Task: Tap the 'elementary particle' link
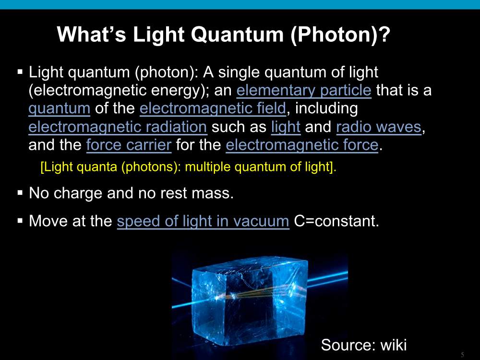(x=304, y=90)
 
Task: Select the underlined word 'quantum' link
(x=60, y=109)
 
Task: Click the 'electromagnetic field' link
(x=213, y=108)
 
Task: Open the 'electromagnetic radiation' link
(x=118, y=127)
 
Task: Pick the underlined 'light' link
(x=286, y=127)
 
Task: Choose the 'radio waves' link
(x=379, y=127)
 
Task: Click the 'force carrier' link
(x=129, y=145)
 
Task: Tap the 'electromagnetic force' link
(x=302, y=145)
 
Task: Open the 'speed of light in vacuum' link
(x=203, y=221)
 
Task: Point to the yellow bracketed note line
(x=189, y=167)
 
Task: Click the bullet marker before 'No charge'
(x=20, y=193)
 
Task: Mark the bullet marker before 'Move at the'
(x=20, y=221)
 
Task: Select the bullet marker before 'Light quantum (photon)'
(x=20, y=72)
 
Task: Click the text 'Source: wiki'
(x=364, y=345)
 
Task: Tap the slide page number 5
(x=462, y=355)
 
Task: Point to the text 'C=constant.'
(x=336, y=221)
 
